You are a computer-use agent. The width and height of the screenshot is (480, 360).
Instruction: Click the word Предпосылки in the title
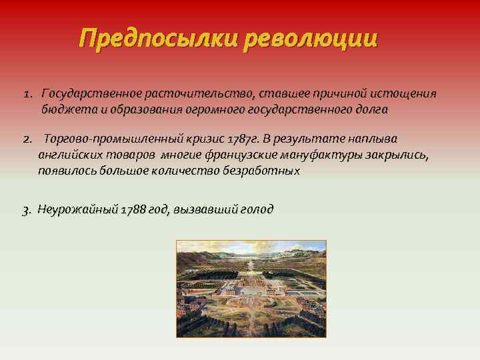[158, 38]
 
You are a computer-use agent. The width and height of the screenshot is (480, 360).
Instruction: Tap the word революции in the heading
[311, 38]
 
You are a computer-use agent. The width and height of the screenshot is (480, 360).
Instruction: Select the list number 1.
[27, 93]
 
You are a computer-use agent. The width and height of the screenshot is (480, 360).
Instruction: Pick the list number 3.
[26, 210]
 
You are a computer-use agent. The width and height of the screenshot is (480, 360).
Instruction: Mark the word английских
[69, 155]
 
